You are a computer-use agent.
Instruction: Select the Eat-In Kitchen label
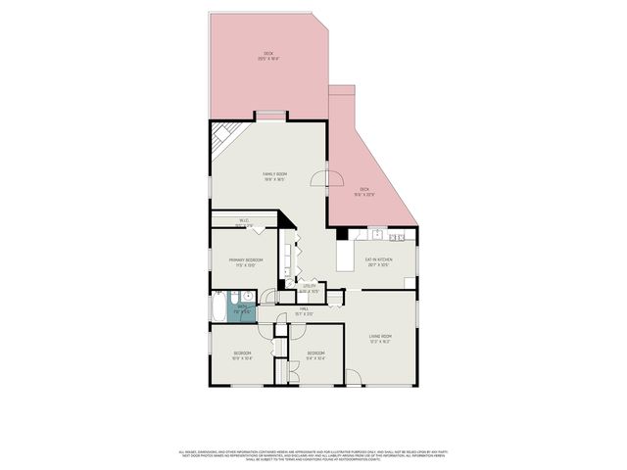pyautogui.click(x=377, y=261)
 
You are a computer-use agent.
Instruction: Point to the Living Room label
pyautogui.click(x=379, y=339)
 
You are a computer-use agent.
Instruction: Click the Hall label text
pyautogui.click(x=304, y=310)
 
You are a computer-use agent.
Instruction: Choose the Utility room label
pyautogui.click(x=308, y=290)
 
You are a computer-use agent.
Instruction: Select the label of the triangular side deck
pyautogui.click(x=363, y=191)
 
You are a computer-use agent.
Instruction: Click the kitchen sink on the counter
pyautogui.click(x=375, y=235)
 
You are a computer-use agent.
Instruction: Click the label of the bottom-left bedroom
pyautogui.click(x=242, y=354)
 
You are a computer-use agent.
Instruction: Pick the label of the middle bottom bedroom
pyautogui.click(x=314, y=354)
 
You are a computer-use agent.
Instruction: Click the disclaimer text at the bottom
pyautogui.click(x=313, y=455)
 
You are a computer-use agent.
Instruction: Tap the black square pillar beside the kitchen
pyautogui.click(x=341, y=234)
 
